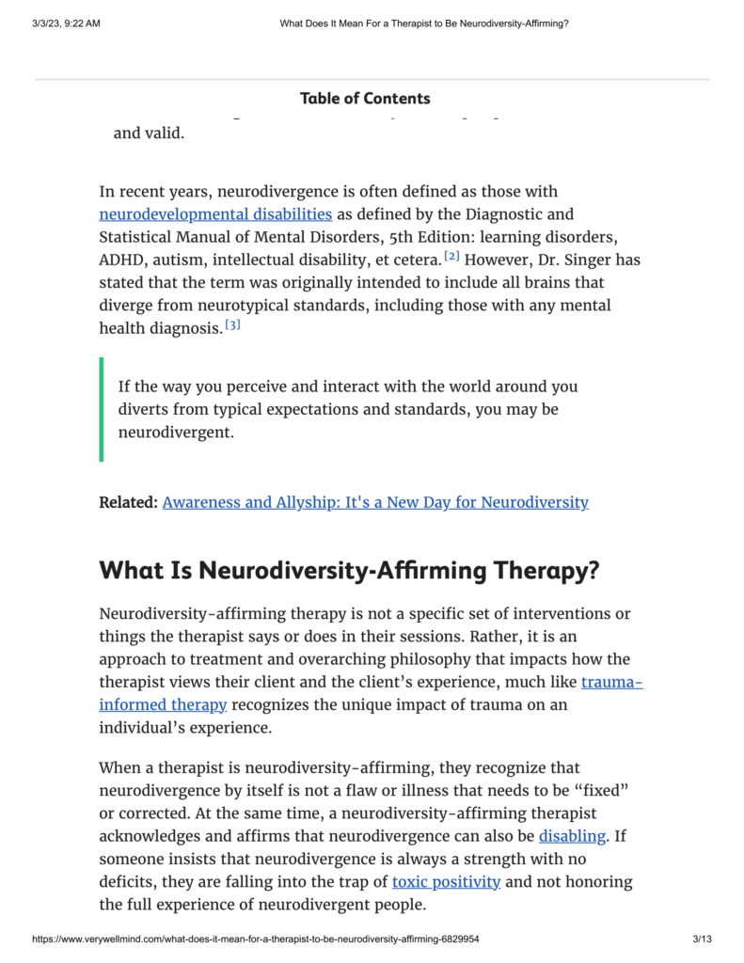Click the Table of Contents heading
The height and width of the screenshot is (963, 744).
click(x=365, y=99)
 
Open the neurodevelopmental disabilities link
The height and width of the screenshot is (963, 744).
click(x=215, y=214)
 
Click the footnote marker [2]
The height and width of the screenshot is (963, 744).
click(x=451, y=256)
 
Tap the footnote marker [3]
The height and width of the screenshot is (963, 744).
click(x=232, y=324)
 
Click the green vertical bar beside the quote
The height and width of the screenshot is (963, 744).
click(x=102, y=409)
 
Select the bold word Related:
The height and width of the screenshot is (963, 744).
click(x=128, y=502)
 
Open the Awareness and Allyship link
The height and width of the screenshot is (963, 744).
click(x=375, y=502)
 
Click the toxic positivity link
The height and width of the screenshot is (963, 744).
click(x=446, y=882)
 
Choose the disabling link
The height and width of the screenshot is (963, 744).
click(x=572, y=836)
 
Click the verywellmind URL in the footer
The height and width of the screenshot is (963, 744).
click(x=256, y=939)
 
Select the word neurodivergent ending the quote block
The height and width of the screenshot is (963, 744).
click(x=175, y=434)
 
